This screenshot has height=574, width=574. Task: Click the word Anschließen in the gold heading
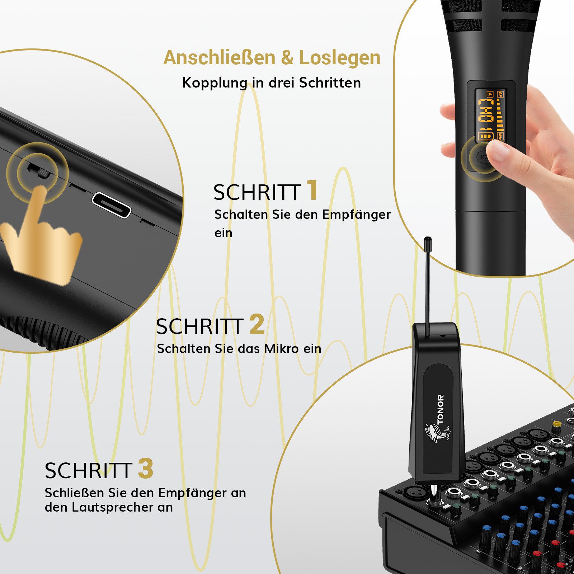[x=220, y=57]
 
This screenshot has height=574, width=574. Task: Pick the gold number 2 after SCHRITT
[x=257, y=324]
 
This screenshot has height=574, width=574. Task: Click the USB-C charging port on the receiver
[x=112, y=205]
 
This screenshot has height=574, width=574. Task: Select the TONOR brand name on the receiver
[x=441, y=409]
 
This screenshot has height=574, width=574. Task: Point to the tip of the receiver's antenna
[x=427, y=239]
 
